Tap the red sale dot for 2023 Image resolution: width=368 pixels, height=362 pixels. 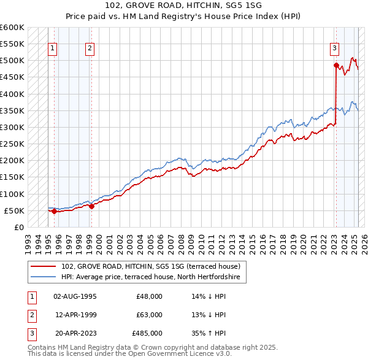336,65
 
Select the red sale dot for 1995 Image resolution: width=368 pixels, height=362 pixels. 54,211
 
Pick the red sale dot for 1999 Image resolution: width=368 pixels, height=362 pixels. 91,206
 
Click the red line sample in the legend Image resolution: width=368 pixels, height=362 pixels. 44,266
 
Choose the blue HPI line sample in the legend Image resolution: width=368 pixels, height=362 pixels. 44,277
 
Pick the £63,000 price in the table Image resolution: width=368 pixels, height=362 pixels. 149,315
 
